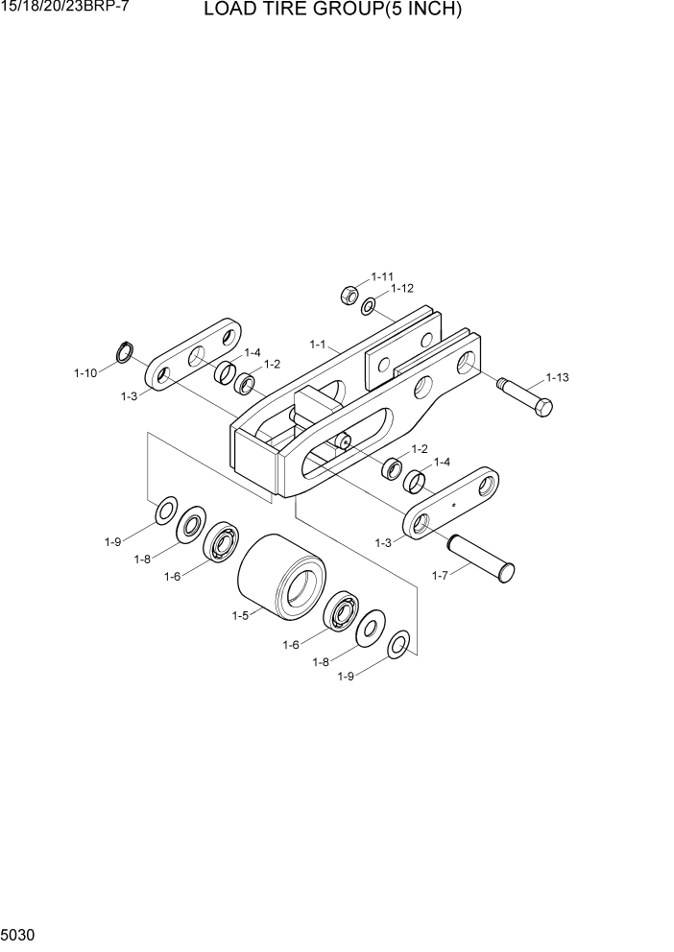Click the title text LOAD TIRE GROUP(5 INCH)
(x=332, y=12)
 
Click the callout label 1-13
(x=557, y=377)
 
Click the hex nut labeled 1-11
(x=349, y=295)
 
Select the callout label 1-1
(x=318, y=344)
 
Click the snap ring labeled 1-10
(x=123, y=352)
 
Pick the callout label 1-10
(x=85, y=372)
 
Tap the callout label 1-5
(x=240, y=616)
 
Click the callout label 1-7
(x=441, y=576)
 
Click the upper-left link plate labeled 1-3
(x=194, y=356)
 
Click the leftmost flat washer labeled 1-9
(x=165, y=512)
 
